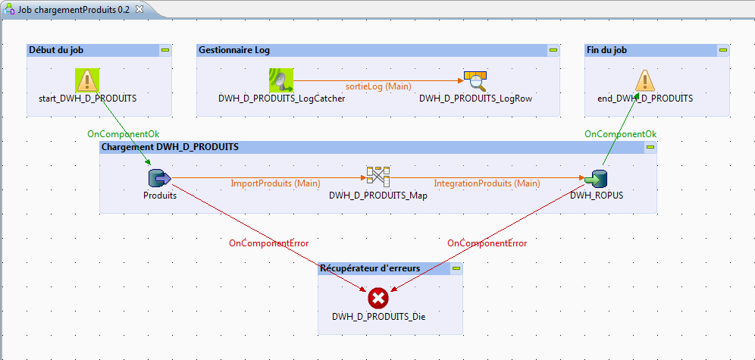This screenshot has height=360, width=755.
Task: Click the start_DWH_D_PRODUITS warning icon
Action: (x=87, y=80)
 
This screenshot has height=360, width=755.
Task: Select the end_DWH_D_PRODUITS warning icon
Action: (x=644, y=80)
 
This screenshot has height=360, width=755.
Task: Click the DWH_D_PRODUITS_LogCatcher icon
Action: (x=280, y=80)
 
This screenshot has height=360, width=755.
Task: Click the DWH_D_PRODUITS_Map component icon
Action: (x=377, y=177)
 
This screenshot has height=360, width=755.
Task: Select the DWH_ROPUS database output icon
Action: (x=596, y=178)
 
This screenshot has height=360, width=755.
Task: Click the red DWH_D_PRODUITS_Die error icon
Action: (x=378, y=298)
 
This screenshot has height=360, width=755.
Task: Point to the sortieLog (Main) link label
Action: (x=378, y=86)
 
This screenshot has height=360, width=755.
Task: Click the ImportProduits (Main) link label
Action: (x=275, y=183)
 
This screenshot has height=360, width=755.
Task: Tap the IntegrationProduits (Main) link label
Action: (x=487, y=183)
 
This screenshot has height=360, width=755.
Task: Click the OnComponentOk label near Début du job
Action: (x=124, y=134)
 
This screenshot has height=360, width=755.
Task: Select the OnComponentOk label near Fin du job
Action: (x=620, y=134)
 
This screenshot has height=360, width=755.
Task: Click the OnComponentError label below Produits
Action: (x=269, y=243)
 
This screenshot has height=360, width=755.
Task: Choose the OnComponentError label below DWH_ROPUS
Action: (x=487, y=243)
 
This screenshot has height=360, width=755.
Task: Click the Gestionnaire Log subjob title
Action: (x=234, y=50)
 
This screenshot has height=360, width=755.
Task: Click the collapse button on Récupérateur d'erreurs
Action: (x=456, y=268)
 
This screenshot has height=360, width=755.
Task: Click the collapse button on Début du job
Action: (x=164, y=50)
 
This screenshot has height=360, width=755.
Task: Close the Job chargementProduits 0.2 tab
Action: (x=139, y=8)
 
